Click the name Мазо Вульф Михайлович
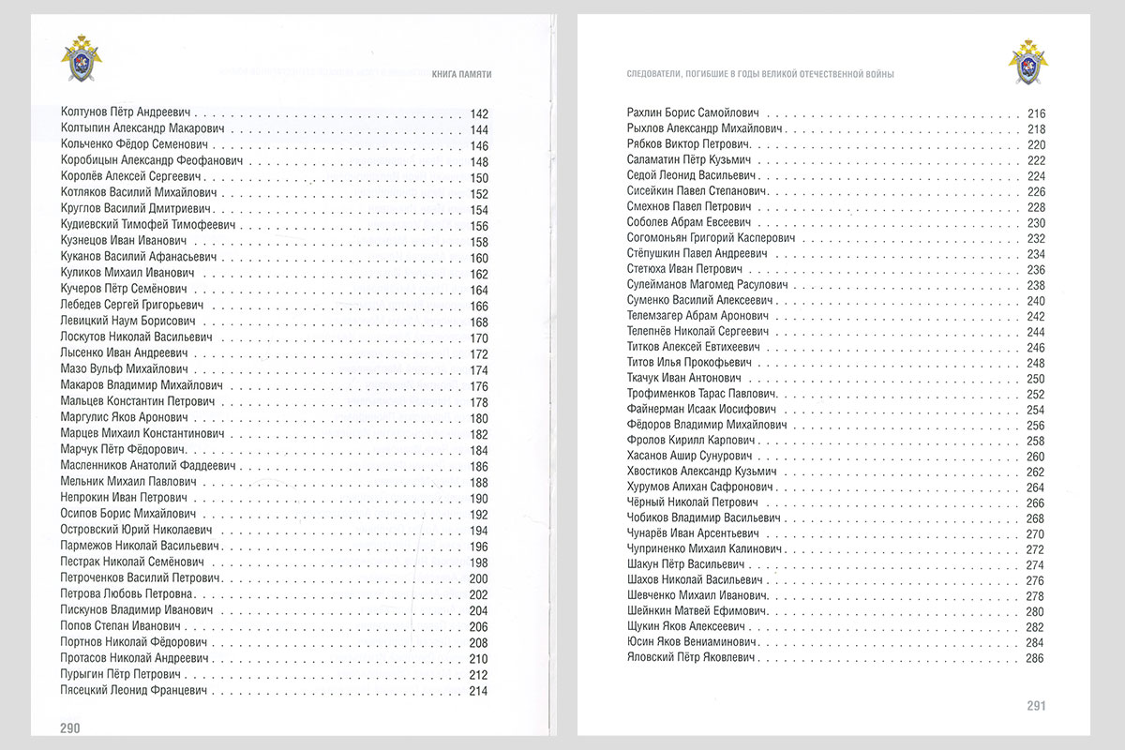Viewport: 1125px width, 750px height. point(116,369)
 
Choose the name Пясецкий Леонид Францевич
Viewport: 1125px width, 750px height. point(133,690)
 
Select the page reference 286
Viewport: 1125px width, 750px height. point(1035,658)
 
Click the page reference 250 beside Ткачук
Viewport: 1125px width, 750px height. point(1035,378)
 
